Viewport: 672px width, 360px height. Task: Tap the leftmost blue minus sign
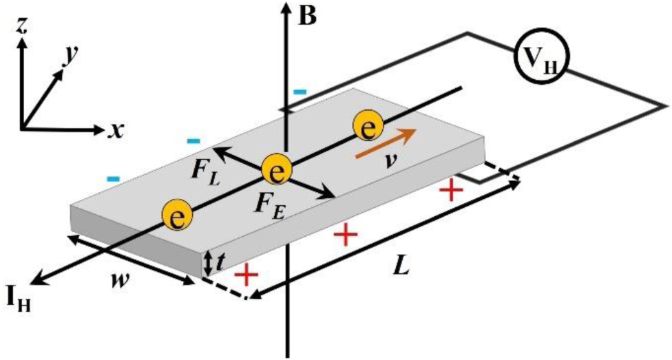coord(114,180)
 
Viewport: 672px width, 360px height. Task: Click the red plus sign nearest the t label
coord(246,275)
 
